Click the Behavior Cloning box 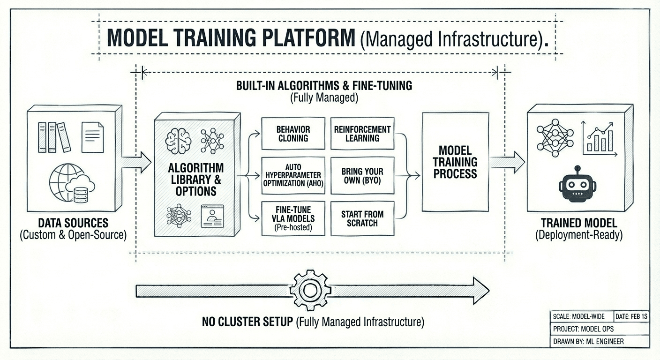tap(293, 134)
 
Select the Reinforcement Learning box tap(362, 134)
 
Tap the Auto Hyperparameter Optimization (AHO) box tap(293, 175)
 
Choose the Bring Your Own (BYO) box tap(362, 175)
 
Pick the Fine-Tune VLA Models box tap(293, 218)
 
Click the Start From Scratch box tap(362, 218)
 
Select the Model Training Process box tap(455, 162)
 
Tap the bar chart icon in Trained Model tap(599, 139)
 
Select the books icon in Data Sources tap(53, 137)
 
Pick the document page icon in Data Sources tap(92, 137)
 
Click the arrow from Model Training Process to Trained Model tap(508, 162)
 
